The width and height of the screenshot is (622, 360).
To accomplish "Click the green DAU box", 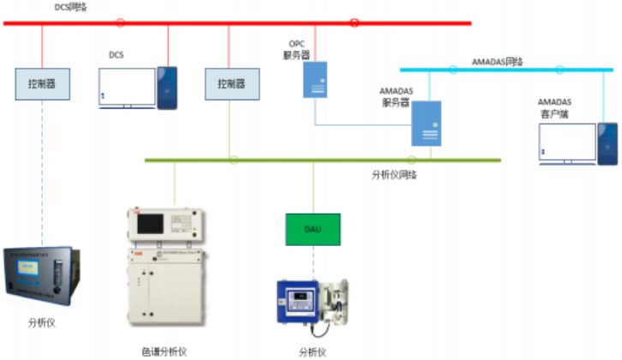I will pyautogui.click(x=313, y=229).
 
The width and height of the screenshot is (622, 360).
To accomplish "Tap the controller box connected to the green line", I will pyautogui.click(x=230, y=84).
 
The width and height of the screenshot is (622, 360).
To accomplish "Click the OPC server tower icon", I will pyautogui.click(x=315, y=78).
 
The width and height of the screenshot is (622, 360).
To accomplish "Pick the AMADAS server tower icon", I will pyautogui.click(x=426, y=123).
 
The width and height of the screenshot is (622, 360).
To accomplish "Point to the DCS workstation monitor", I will pyautogui.click(x=126, y=86).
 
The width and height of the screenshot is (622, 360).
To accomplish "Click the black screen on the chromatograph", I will pyautogui.click(x=150, y=224).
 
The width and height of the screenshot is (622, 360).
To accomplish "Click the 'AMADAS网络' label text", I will pyautogui.click(x=498, y=62).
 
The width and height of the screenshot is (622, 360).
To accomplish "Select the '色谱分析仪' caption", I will pyautogui.click(x=164, y=351).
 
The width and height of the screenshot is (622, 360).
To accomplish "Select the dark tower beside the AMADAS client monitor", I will pyautogui.click(x=607, y=142).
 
